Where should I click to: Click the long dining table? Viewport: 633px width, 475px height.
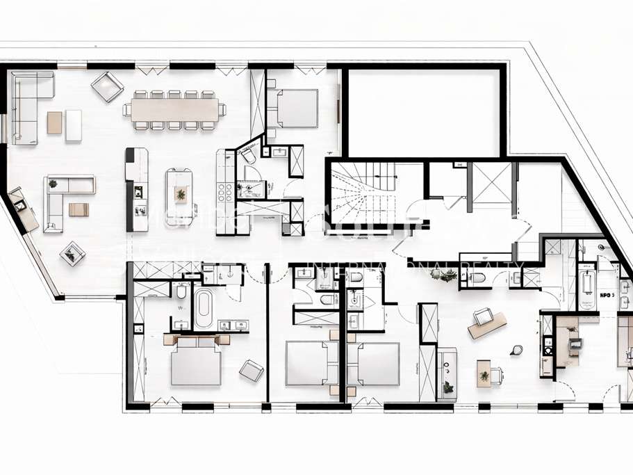tap(174, 109)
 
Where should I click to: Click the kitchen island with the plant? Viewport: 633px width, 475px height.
tap(179, 195)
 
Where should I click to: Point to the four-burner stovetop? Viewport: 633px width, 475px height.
tap(225, 191)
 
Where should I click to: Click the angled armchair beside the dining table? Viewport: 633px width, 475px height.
tap(107, 86)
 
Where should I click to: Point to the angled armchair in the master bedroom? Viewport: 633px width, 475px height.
tap(251, 369)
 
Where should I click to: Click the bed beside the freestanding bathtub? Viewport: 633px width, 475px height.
tap(196, 362)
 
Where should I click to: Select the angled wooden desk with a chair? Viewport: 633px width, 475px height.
tap(486, 324)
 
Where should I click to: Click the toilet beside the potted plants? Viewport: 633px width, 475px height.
tap(477, 279)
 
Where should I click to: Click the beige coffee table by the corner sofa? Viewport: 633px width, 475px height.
tap(54, 123)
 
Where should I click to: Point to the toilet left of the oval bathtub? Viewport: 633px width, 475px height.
tap(182, 291)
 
